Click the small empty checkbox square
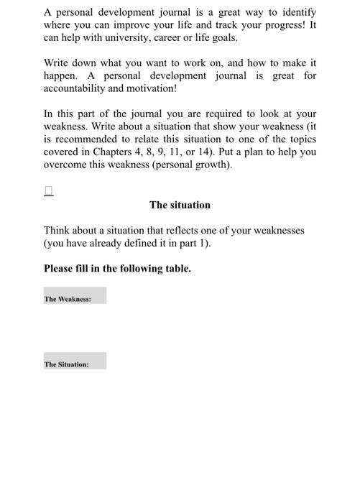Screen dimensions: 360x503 pyautogui.click(x=49, y=190)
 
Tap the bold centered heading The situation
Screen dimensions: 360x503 pyautogui.click(x=180, y=205)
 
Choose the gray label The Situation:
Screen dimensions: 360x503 pyautogui.click(x=67, y=364)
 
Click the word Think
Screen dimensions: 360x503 pyautogui.click(x=57, y=231)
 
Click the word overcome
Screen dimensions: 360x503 pyautogui.click(x=66, y=165)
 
